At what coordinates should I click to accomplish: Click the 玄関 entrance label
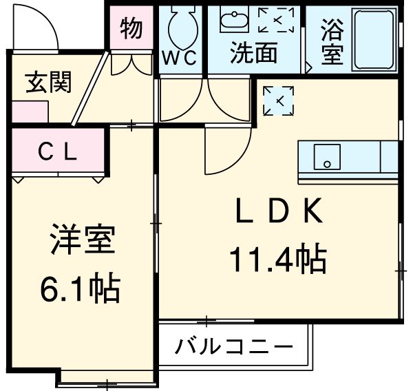click(49, 83)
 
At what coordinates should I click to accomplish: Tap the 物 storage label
click(131, 28)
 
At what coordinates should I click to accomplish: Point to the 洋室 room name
click(81, 242)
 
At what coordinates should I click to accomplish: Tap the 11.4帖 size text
click(278, 260)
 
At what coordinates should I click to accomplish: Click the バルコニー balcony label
click(234, 346)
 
